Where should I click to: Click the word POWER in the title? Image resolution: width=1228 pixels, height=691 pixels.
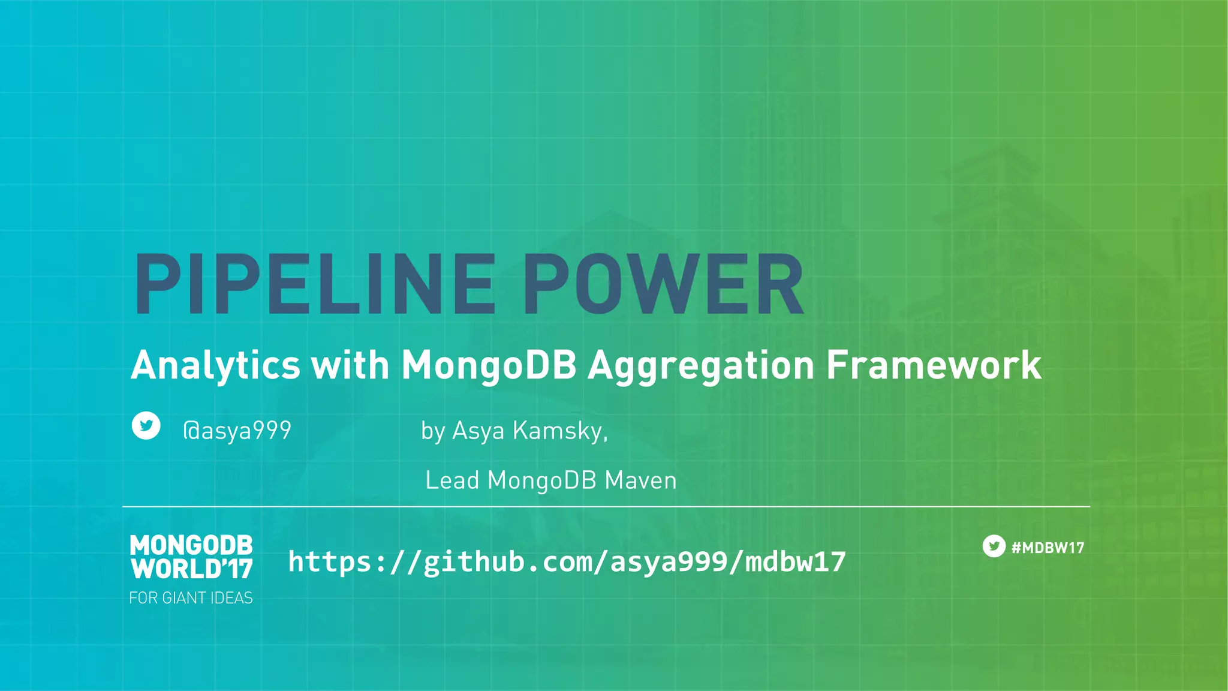coord(663,284)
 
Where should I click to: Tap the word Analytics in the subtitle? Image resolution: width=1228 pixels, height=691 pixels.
coord(215,365)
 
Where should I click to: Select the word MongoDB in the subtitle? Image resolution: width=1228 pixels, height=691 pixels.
coord(489,365)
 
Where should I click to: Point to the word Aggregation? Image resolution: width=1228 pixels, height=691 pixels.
coord(701,366)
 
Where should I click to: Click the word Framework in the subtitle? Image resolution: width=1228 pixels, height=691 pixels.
coord(934,365)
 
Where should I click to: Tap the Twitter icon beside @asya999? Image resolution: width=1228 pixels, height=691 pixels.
coord(146,426)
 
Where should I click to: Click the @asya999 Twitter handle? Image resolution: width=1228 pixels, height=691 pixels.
coord(237,431)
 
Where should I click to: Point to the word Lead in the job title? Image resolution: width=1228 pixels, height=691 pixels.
coord(452,480)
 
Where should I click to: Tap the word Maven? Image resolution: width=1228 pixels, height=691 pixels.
coord(640,480)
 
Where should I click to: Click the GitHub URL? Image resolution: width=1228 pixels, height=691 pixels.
coord(567,561)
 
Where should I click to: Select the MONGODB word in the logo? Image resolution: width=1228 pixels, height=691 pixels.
coord(191,545)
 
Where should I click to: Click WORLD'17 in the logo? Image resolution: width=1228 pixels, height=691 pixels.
coord(191,569)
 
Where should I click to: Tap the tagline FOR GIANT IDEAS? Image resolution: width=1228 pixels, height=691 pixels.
coord(191,598)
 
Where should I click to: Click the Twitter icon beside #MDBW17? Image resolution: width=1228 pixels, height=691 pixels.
coord(994,546)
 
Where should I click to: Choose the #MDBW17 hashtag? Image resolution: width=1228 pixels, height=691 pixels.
coord(1048,548)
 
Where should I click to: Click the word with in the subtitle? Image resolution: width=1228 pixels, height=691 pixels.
coord(350,365)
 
